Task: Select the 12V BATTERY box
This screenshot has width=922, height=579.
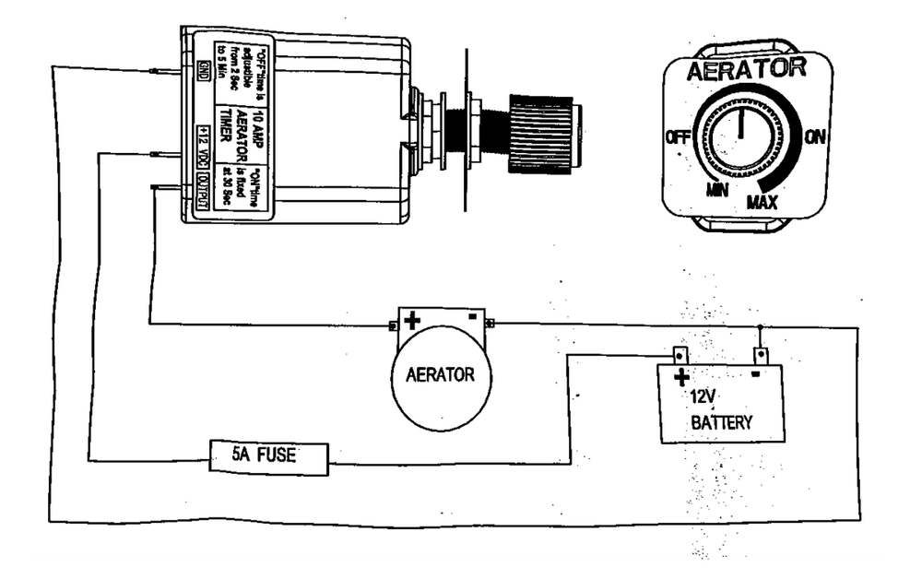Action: click(722, 403)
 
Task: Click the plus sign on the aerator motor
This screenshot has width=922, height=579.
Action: click(412, 320)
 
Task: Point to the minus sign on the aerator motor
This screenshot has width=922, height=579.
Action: click(471, 317)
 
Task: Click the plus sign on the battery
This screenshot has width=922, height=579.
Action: click(681, 376)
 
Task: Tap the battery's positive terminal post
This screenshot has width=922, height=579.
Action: click(680, 354)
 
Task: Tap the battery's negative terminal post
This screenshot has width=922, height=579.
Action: click(760, 354)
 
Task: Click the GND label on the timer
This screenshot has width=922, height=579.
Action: click(204, 68)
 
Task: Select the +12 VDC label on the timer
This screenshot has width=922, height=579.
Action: click(204, 145)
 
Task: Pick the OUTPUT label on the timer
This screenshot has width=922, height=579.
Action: click(204, 197)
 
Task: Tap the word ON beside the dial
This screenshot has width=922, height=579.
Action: click(814, 137)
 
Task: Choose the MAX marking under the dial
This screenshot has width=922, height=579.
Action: click(761, 201)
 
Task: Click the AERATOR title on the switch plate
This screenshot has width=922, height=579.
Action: click(747, 69)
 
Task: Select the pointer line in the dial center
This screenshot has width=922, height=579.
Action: click(741, 122)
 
